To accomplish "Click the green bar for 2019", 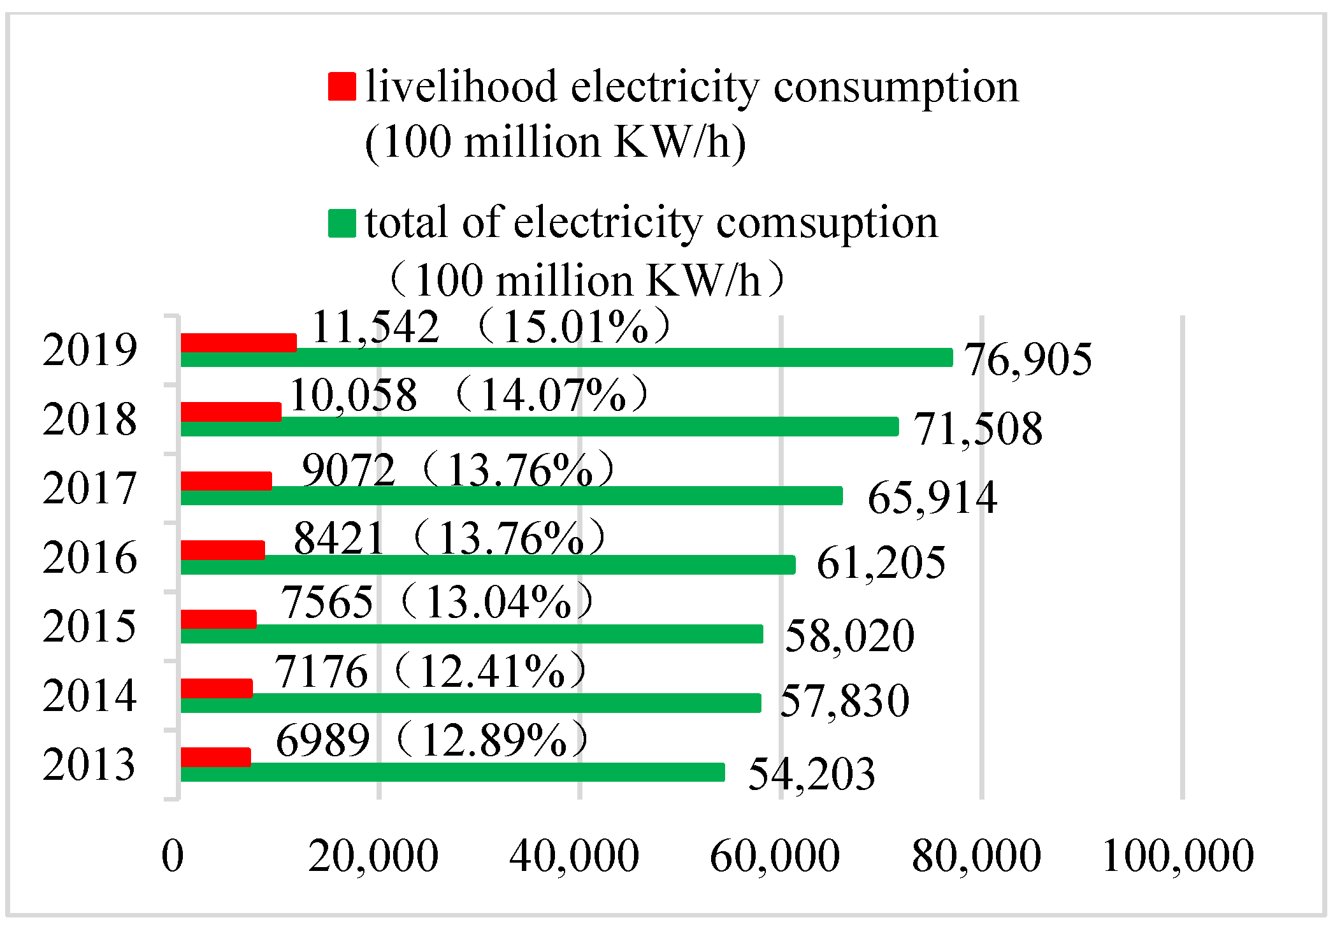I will pos(566,357).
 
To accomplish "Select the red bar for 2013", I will pos(215,758).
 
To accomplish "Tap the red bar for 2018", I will pos(231,412).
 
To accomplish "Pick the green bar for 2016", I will pos(487,564).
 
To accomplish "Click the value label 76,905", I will pos(1027,360).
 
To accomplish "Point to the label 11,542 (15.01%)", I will pos(491,327).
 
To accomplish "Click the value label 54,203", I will pos(811,775).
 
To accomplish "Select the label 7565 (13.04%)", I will pos(436,603).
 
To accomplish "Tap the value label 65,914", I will pos(932,498).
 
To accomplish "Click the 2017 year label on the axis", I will pos(89,489).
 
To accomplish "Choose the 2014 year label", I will pos(89,696).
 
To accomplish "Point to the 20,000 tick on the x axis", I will pos(373,856).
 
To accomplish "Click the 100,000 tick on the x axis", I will pos(1178,856).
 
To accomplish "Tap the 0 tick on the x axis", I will pos(172,856).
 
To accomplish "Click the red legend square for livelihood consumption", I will pos(342,87).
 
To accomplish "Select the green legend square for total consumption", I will pos(342,224).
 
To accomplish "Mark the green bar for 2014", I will pos(470,703).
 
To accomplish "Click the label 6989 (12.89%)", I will pos(431,741).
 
